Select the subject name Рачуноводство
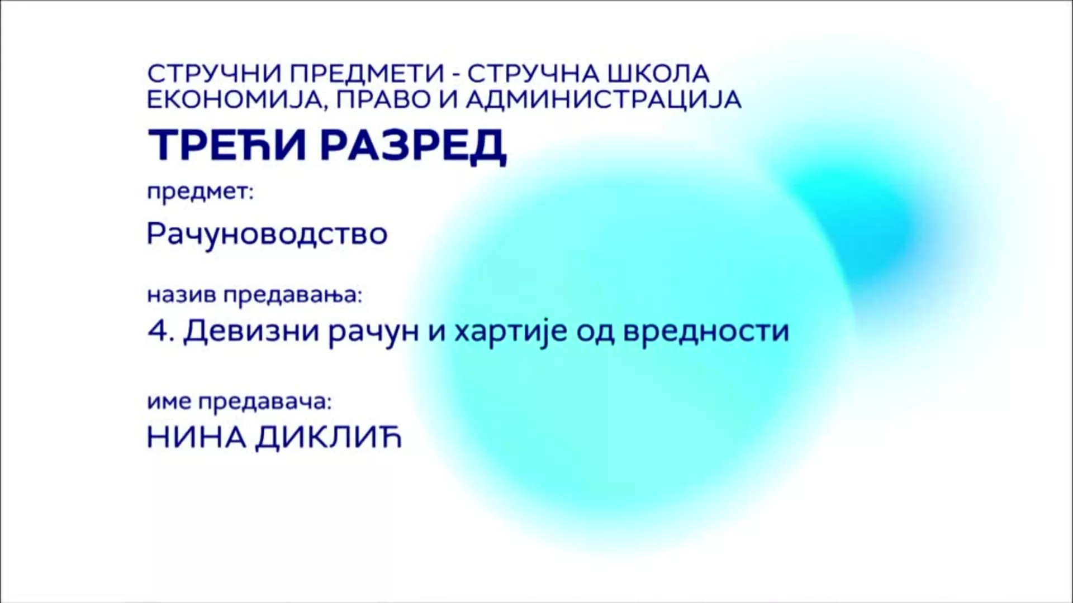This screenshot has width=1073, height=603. tap(267, 234)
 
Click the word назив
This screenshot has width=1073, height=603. tap(182, 294)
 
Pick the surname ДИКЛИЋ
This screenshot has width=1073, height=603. tap(329, 438)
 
